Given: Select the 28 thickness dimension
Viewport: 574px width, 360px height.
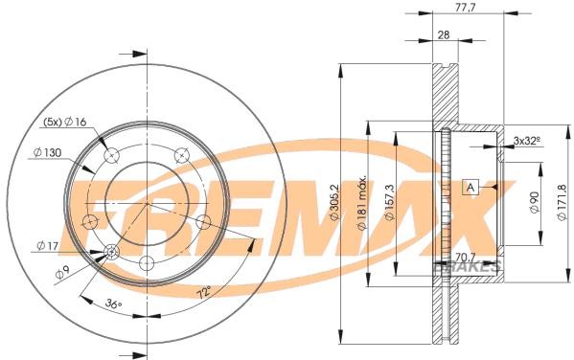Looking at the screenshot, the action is [444, 35].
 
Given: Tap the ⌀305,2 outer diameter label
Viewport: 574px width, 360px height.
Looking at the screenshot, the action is [335, 202].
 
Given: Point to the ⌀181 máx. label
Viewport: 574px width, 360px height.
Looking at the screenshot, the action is [361, 203].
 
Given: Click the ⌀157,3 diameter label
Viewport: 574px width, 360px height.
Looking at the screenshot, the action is [389, 202].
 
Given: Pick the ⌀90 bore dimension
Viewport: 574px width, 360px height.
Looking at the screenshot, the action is [535, 202].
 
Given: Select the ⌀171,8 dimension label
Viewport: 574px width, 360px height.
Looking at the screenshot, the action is [562, 202].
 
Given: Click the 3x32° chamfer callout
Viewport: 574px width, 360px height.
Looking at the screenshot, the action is [527, 140].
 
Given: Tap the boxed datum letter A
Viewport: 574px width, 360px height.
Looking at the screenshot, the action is [471, 188].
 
